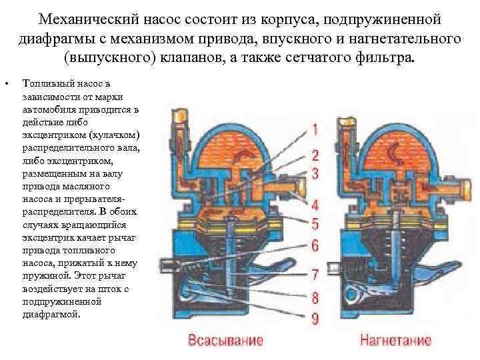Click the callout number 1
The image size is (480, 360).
click(314, 128)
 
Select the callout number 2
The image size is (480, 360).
click(314, 155)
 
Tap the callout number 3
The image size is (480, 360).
click(314, 173)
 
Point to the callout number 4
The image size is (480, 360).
click(314, 204)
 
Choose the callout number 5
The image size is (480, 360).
click(314, 223)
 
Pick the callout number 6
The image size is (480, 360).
click(314, 245)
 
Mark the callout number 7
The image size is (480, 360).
click(314, 274)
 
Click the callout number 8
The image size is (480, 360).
click(314, 297)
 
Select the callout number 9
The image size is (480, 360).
click(314, 318)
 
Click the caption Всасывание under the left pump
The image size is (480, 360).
click(226, 341)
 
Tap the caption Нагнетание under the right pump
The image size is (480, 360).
click(395, 341)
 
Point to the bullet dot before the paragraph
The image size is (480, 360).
click(6, 84)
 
